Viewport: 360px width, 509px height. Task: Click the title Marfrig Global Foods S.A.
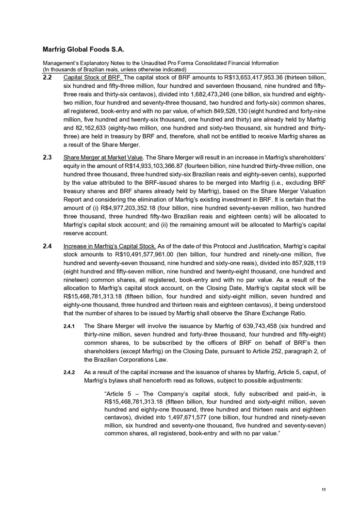click(x=83, y=49)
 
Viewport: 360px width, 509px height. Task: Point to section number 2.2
click(x=47, y=77)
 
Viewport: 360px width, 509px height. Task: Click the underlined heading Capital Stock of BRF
click(x=93, y=77)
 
